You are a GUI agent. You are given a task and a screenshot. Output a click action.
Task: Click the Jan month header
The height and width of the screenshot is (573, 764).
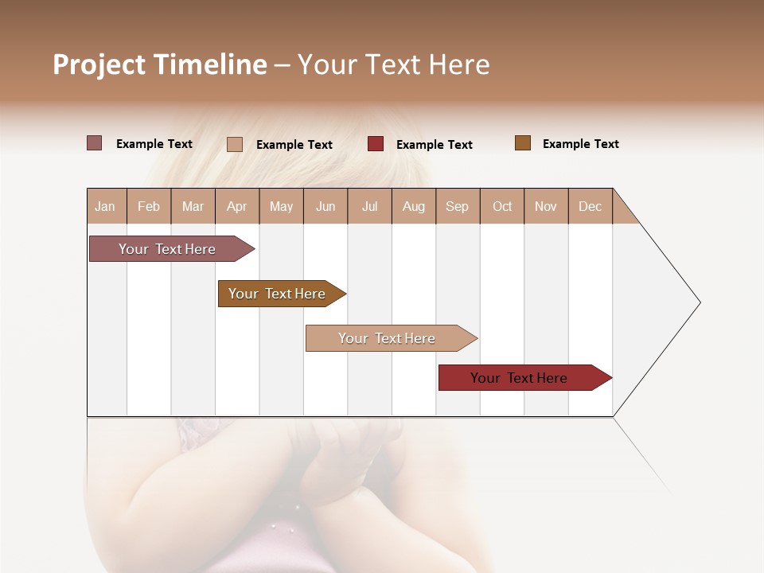point(106,206)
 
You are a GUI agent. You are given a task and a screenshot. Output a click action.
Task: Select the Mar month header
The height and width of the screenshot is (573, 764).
point(193,206)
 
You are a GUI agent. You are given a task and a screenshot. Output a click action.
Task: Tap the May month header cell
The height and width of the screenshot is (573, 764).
point(281,206)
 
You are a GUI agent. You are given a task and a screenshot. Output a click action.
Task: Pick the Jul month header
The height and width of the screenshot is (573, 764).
point(369,206)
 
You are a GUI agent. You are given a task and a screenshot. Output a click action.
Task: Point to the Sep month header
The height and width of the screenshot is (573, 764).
point(457,206)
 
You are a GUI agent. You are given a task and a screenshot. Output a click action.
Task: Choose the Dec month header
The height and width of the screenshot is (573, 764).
point(590,206)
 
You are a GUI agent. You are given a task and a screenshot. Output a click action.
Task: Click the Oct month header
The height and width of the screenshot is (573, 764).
point(502,206)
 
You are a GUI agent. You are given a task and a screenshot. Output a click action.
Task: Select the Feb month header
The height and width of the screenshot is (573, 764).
point(149,206)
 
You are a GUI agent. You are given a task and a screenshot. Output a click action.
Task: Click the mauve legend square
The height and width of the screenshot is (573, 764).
point(95,143)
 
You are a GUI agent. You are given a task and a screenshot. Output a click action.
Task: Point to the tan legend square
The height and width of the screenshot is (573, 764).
point(235,144)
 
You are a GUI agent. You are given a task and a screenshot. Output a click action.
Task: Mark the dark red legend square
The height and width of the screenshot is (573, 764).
point(376,144)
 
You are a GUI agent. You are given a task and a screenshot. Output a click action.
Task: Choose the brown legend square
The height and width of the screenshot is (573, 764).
point(523,143)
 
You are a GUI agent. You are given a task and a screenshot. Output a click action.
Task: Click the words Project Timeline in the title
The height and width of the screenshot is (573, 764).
point(159,64)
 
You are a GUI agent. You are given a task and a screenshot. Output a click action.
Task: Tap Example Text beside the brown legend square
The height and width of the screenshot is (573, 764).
point(580,144)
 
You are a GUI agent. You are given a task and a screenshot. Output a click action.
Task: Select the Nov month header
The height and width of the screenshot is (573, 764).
point(546,206)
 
